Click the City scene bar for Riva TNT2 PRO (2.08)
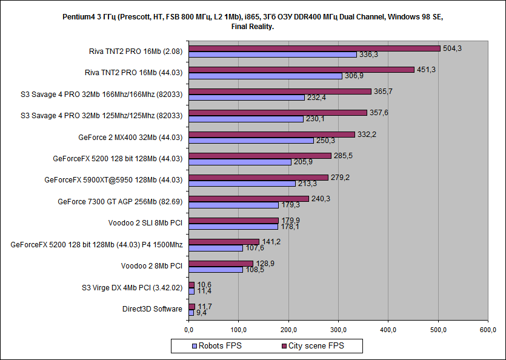tap(314, 48)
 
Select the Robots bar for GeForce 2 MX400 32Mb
tap(251, 141)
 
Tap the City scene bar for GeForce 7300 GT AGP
tap(248, 199)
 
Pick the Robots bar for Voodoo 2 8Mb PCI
tap(215, 270)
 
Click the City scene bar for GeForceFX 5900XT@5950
tap(258, 178)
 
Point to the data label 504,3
tap(452, 48)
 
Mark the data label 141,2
tap(271, 241)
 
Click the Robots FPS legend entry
tap(216, 346)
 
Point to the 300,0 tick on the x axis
tap(338, 329)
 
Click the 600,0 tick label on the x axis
tap(488, 329)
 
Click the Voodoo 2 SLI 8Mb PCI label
tap(145, 223)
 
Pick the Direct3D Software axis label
tap(152, 309)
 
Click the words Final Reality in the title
tap(253, 27)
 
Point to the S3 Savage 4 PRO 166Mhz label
tap(101, 94)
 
